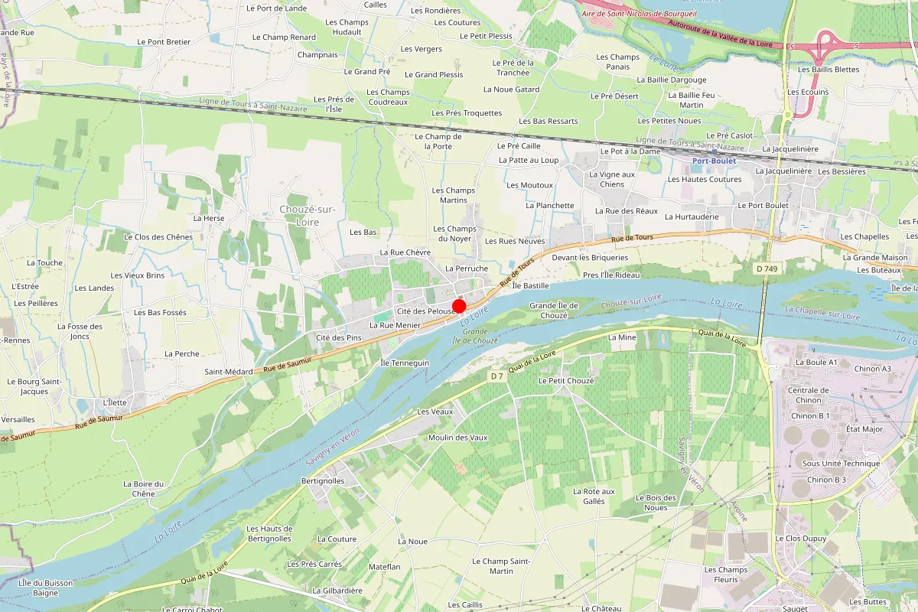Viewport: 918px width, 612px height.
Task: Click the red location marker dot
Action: [x=460, y=306]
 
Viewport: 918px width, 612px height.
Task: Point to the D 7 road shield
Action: [x=497, y=376]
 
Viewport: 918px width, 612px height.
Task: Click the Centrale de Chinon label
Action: [x=809, y=395]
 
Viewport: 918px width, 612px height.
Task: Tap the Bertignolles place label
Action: [x=323, y=481]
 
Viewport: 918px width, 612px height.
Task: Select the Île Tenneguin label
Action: [x=405, y=363]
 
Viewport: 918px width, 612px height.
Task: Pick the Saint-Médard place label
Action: [x=228, y=372]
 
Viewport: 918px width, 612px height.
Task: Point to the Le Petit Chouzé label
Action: [x=566, y=380]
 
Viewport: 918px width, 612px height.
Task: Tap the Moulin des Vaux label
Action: [x=458, y=438]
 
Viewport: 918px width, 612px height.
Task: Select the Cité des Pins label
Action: [x=338, y=337]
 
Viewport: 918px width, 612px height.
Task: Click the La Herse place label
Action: [x=209, y=218]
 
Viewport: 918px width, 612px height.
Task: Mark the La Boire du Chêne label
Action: [x=143, y=489]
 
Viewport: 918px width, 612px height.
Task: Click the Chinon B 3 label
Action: [x=827, y=480]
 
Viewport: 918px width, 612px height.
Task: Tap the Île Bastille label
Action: [x=531, y=285]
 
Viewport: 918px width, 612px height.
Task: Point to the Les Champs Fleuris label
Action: [x=726, y=575]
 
